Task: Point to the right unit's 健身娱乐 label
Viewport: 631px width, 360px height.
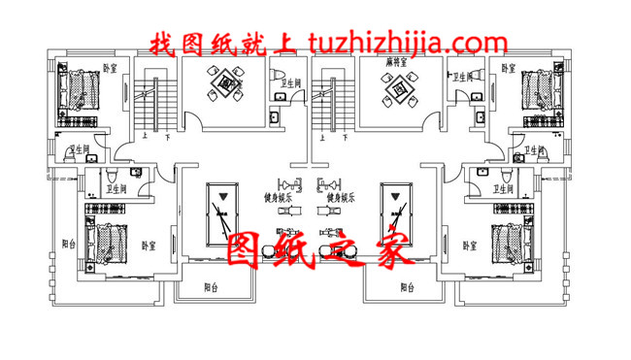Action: tap(343, 196)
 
